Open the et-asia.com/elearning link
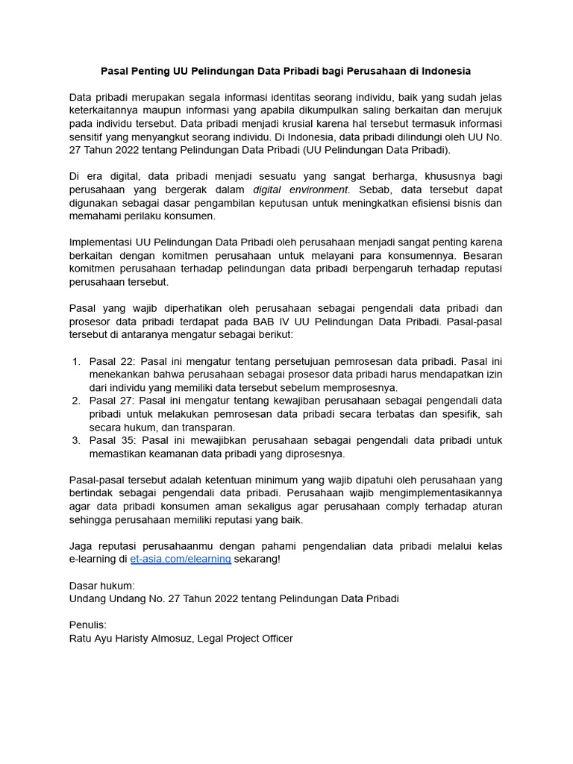(181, 559)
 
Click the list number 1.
(76, 361)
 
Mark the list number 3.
(76, 440)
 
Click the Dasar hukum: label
(102, 586)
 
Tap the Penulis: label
(88, 624)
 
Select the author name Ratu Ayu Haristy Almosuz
(131, 638)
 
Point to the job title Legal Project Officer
(245, 638)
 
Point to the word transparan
(209, 428)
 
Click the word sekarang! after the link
(257, 559)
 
